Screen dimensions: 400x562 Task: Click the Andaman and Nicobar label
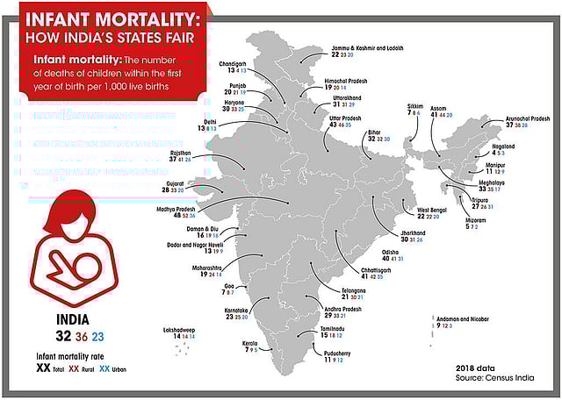462,318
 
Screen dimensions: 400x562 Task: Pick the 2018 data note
477,368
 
